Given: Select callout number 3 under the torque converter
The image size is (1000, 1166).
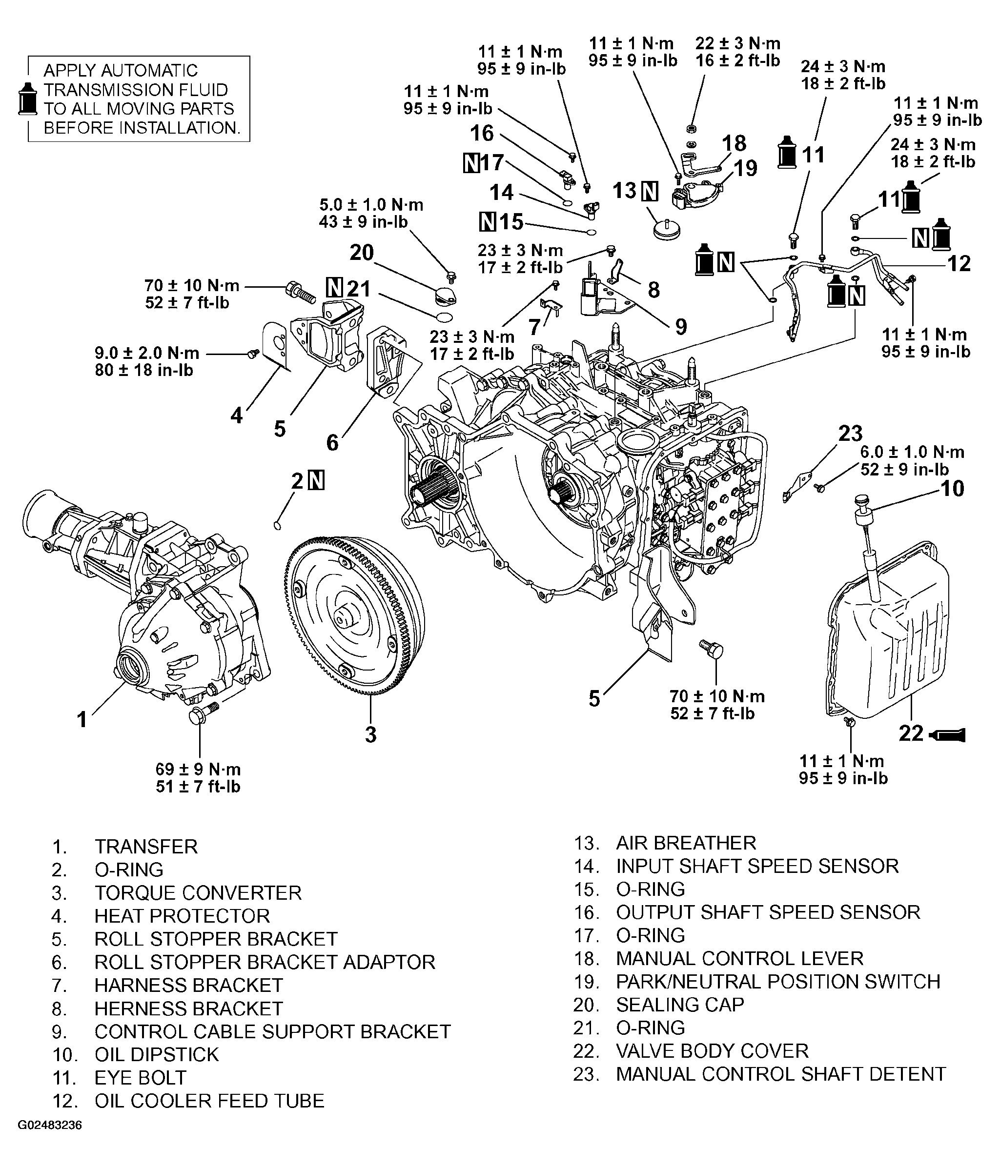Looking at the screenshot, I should point(370,734).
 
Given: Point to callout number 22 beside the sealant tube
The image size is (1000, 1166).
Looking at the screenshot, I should point(911,733).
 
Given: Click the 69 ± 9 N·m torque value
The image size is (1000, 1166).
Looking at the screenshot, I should point(198,769).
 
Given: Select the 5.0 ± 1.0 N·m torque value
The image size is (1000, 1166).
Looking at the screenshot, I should point(371,205).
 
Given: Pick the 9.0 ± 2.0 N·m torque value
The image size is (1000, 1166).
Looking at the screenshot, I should point(147,353).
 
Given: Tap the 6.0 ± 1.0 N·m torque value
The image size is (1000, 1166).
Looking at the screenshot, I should point(912,452).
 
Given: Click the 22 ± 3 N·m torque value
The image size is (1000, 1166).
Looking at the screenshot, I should point(737,43).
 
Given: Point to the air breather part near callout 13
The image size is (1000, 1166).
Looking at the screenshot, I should point(666,230).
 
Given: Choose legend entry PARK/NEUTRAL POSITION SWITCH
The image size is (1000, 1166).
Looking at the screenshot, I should point(777,982).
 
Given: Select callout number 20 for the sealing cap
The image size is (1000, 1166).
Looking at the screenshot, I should point(362,253).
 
